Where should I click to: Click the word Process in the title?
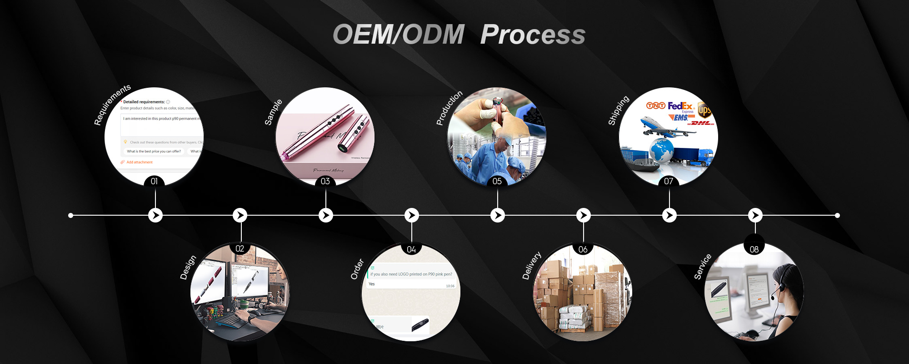(x=533, y=35)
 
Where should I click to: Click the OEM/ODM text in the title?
(x=399, y=35)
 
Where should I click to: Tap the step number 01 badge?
(x=154, y=181)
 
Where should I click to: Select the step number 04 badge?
(x=411, y=249)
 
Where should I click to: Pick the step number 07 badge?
(x=669, y=181)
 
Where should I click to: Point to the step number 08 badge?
(x=754, y=249)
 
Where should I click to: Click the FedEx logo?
(x=680, y=106)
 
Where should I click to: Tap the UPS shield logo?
(x=704, y=110)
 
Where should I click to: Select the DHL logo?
(x=702, y=123)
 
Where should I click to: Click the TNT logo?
(x=656, y=106)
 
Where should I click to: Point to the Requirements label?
(x=112, y=104)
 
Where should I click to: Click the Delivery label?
(x=532, y=265)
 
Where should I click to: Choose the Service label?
(x=703, y=267)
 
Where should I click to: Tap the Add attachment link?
(x=139, y=162)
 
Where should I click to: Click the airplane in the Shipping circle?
(x=664, y=127)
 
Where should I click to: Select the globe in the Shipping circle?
(x=662, y=150)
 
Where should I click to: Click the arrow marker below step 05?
(x=498, y=215)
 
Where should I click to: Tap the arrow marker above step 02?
(x=240, y=215)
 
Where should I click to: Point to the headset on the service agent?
(x=778, y=286)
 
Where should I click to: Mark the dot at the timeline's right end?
(x=837, y=215)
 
